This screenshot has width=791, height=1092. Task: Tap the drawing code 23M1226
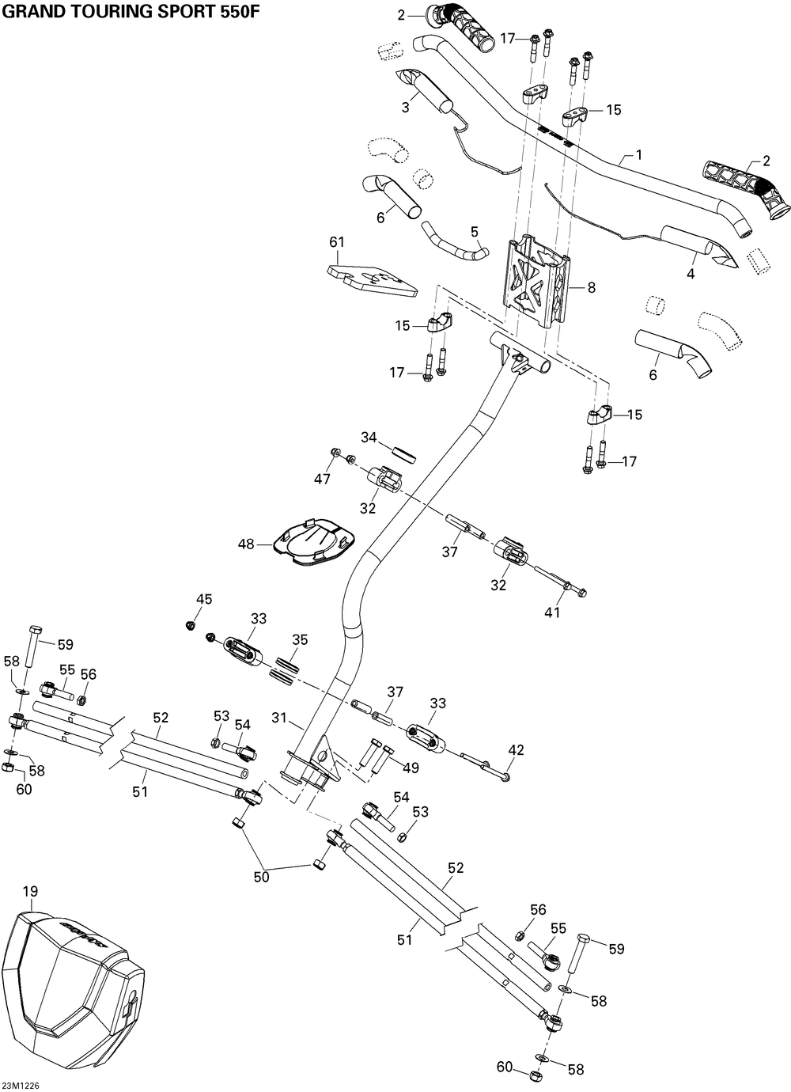pyautogui.click(x=20, y=1085)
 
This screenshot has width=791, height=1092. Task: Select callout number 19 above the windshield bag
pyautogui.click(x=30, y=892)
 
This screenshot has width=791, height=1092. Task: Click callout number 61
pyautogui.click(x=337, y=242)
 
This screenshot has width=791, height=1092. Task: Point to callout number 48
pyautogui.click(x=247, y=544)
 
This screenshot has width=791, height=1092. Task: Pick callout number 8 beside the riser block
pyautogui.click(x=591, y=287)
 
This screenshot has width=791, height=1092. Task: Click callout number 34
pyautogui.click(x=369, y=438)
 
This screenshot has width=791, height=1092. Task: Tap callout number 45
pyautogui.click(x=204, y=599)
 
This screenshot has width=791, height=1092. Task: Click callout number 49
pyautogui.click(x=411, y=768)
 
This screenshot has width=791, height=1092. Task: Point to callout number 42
pyautogui.click(x=516, y=750)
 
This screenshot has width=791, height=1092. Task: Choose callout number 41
pyautogui.click(x=552, y=612)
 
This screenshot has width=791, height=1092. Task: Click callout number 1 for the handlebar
pyautogui.click(x=639, y=155)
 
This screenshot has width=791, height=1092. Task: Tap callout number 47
pyautogui.click(x=322, y=480)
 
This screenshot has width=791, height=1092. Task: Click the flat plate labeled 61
pyautogui.click(x=372, y=281)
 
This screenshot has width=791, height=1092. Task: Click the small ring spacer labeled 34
pyautogui.click(x=404, y=454)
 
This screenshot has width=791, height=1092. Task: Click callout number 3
pyautogui.click(x=406, y=108)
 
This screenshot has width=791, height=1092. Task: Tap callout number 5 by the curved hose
pyautogui.click(x=475, y=231)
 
